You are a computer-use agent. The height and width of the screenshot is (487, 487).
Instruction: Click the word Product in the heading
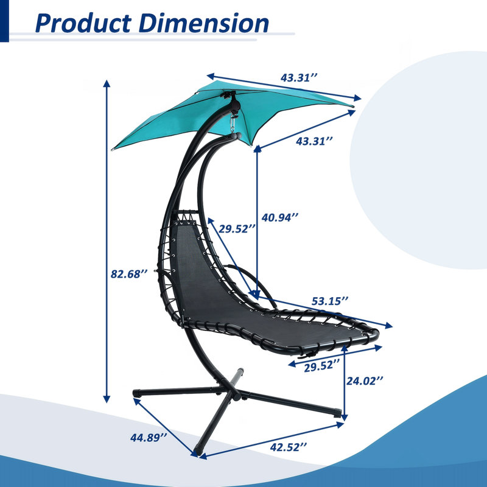pyautogui.click(x=83, y=24)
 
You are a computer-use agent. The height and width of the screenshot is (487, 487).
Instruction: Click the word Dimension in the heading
pyautogui.click(x=204, y=24)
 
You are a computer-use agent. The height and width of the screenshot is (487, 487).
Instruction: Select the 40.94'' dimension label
pyautogui.click(x=280, y=217)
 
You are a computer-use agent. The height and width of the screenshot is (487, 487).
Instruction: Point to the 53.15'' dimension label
pyautogui.click(x=330, y=301)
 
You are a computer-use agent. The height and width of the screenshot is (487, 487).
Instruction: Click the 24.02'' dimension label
pyautogui.click(x=365, y=381)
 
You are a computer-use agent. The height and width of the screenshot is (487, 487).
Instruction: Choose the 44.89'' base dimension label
pyautogui.click(x=149, y=438)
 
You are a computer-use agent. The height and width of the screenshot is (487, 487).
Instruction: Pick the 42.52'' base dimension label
pyautogui.click(x=289, y=447)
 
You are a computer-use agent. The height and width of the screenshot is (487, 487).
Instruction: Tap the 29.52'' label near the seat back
pyautogui.click(x=237, y=229)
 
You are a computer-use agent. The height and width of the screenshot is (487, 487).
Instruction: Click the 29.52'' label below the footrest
pyautogui.click(x=322, y=367)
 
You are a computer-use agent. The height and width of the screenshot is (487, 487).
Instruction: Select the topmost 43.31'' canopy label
pyautogui.click(x=299, y=77)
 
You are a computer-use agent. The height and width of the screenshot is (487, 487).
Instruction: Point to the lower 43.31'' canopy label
pyautogui.click(x=314, y=141)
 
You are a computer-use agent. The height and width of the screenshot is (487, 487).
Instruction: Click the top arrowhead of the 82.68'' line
pyautogui.click(x=107, y=83)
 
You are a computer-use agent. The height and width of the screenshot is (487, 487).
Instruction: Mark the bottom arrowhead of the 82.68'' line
pyautogui.click(x=107, y=399)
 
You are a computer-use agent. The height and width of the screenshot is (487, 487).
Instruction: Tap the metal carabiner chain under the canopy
pyautogui.click(x=232, y=124)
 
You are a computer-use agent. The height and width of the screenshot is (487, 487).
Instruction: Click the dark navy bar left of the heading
pyautogui.click(x=4, y=21)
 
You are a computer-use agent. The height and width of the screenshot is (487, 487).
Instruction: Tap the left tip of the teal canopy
pyautogui.click(x=113, y=149)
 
